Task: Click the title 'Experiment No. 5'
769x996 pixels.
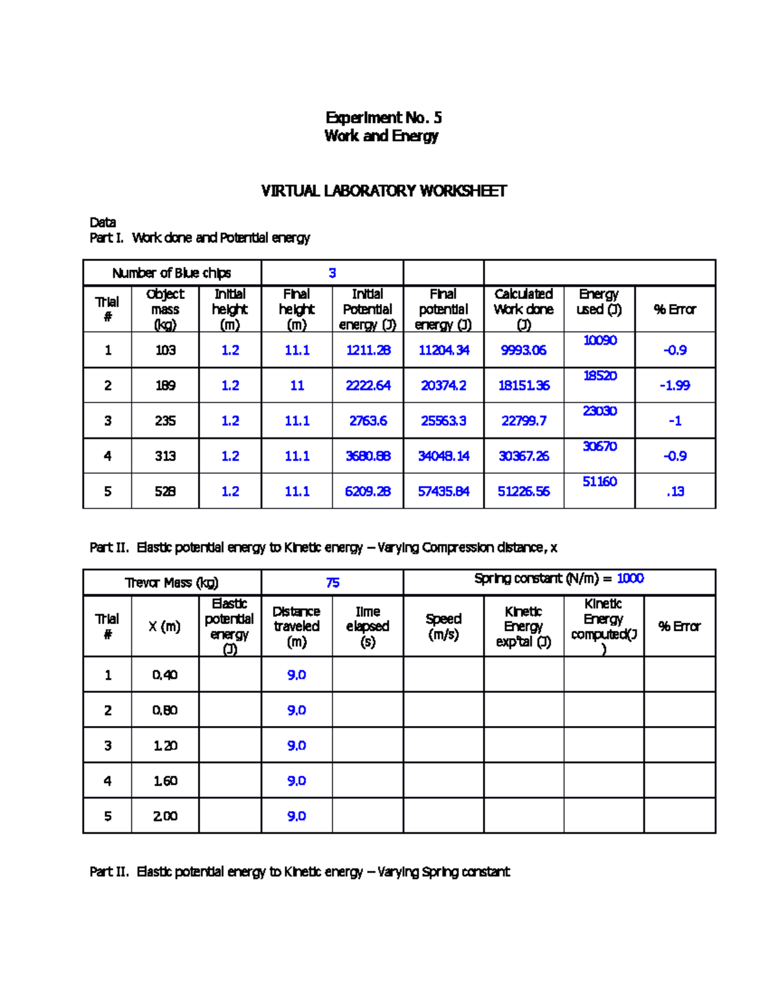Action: pos(383,117)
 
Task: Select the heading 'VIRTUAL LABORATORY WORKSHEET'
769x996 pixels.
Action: pos(383,191)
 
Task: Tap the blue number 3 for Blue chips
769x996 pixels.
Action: pos(332,273)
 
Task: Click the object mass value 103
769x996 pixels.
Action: pos(165,350)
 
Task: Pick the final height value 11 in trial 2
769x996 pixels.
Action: pos(297,385)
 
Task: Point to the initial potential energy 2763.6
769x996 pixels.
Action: pos(368,421)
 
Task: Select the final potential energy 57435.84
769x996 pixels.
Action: pos(443,491)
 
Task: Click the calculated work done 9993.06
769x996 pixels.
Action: pos(524,350)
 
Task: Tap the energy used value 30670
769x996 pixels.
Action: pos(599,446)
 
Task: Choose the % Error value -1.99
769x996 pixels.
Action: pos(675,385)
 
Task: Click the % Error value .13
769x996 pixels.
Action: pos(675,491)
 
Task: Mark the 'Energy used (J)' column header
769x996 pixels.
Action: pos(599,302)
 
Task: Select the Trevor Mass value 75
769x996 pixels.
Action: pos(332,583)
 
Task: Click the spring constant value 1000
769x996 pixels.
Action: pos(630,578)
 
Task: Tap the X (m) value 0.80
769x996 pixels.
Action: pos(165,711)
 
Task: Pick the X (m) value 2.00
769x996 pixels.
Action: pos(165,816)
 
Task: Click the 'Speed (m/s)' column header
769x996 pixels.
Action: pos(443,627)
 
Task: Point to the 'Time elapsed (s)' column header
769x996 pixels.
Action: pos(368,627)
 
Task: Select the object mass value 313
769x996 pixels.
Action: pos(165,456)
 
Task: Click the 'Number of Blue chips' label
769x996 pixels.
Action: pos(172,273)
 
